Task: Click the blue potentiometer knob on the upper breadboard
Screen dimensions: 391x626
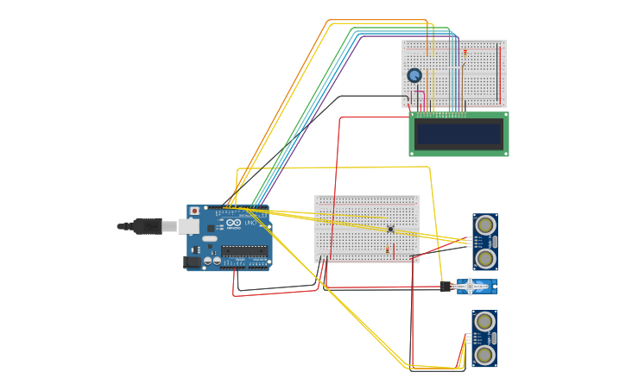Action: tap(414, 76)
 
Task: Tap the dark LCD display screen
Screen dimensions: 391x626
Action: tap(458, 134)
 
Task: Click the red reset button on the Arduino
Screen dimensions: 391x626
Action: tap(195, 211)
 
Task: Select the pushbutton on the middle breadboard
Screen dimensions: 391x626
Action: tap(390, 229)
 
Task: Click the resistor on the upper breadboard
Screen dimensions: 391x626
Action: tap(465, 53)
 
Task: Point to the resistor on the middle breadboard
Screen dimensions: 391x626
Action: tap(394, 250)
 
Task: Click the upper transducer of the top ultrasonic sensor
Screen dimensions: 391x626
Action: tap(485, 225)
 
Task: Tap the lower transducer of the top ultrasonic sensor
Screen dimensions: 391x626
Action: tap(485, 258)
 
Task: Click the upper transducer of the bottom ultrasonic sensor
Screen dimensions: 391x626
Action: tap(484, 322)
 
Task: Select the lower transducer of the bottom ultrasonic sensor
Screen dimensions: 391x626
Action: tap(484, 355)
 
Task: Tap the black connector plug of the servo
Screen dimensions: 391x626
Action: tap(446, 287)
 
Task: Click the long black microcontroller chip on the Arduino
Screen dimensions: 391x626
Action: tap(244, 251)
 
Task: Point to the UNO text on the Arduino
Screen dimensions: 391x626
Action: tap(250, 224)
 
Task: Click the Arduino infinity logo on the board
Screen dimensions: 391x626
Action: tap(233, 224)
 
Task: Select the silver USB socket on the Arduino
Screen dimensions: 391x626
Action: tap(189, 226)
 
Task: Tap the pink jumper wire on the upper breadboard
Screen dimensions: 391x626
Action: tap(412, 97)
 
